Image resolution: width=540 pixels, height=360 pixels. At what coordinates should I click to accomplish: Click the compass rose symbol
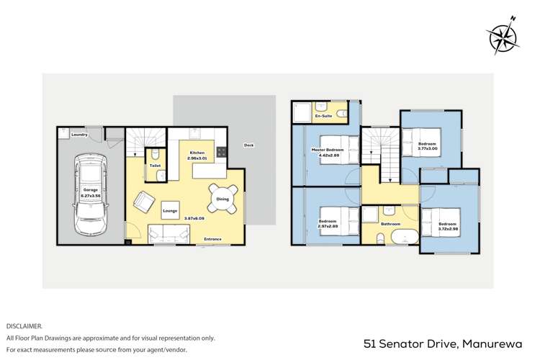pos(502,36)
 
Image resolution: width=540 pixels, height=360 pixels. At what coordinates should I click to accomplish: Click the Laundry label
pos(79,135)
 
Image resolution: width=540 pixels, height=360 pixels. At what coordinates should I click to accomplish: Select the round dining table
pos(222,199)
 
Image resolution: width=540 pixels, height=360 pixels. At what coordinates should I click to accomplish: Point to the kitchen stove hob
pos(222,152)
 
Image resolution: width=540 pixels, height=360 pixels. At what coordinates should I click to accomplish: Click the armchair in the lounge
pos(145,203)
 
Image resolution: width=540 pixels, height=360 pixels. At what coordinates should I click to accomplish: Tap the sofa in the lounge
pos(169,233)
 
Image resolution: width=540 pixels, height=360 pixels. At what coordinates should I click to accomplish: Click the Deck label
pos(248,145)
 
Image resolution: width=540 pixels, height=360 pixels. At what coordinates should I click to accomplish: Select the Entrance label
pos(212,239)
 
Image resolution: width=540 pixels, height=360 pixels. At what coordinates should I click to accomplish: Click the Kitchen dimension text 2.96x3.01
pos(198,159)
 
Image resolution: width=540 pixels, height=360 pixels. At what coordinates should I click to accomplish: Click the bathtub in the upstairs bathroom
pos(397,236)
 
